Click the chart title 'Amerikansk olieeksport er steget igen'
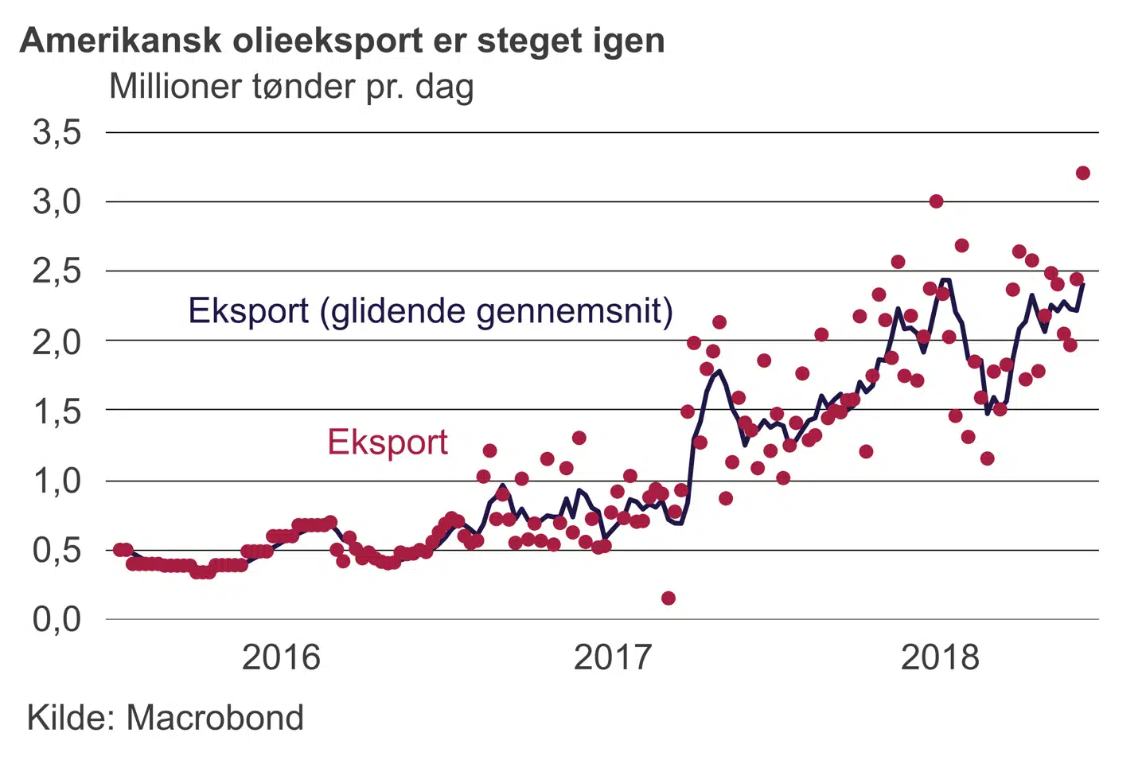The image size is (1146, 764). (x=342, y=41)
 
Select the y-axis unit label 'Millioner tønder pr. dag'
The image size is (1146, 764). (x=291, y=87)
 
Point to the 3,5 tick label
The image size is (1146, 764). (x=57, y=132)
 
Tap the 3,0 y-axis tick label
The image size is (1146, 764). (x=57, y=201)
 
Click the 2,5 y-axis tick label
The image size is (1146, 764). (x=57, y=271)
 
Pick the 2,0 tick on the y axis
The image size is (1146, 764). (x=57, y=341)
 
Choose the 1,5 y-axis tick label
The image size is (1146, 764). (x=57, y=411)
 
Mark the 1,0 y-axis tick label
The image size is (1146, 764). (x=57, y=481)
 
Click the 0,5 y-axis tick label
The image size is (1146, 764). (x=57, y=550)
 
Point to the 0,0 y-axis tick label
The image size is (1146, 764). (x=57, y=619)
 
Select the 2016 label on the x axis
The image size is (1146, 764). (x=281, y=657)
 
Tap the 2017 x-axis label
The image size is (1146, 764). (x=613, y=657)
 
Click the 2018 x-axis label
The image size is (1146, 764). (x=940, y=657)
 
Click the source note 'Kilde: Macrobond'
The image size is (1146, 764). (x=166, y=718)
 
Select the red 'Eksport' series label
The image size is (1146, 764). (x=388, y=442)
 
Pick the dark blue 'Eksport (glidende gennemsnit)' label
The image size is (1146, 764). (x=431, y=311)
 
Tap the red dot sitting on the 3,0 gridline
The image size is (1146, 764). (x=936, y=201)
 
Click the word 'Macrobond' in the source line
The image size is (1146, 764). (x=215, y=718)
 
